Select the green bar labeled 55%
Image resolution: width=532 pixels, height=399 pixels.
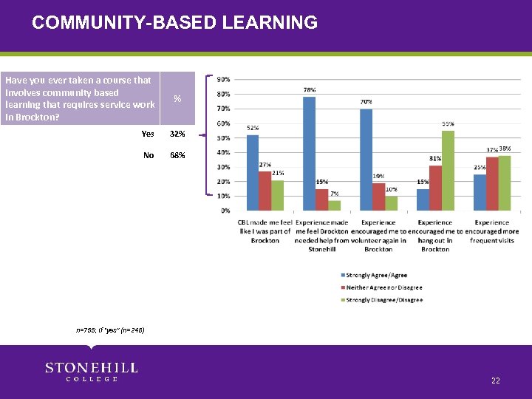(x=448, y=171)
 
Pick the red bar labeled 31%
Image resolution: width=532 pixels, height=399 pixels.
(x=435, y=188)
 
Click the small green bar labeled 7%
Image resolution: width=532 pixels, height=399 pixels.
(x=334, y=205)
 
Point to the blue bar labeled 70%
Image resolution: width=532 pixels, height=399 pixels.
(x=366, y=160)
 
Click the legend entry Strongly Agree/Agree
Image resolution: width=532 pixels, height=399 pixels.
(x=373, y=275)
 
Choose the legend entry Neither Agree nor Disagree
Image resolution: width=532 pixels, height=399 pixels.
(x=380, y=287)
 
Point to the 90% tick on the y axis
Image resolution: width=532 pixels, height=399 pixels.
(x=222, y=79)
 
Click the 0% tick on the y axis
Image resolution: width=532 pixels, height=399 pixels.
(x=224, y=211)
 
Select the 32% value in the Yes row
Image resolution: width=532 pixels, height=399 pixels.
(x=177, y=134)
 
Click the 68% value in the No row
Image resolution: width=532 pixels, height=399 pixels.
(x=177, y=155)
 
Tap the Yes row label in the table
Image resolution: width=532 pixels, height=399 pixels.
(x=148, y=134)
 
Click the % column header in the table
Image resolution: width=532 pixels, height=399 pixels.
(x=177, y=98)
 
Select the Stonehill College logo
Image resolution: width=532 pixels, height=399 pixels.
(x=92, y=372)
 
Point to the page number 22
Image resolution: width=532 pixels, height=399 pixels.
(x=495, y=381)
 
